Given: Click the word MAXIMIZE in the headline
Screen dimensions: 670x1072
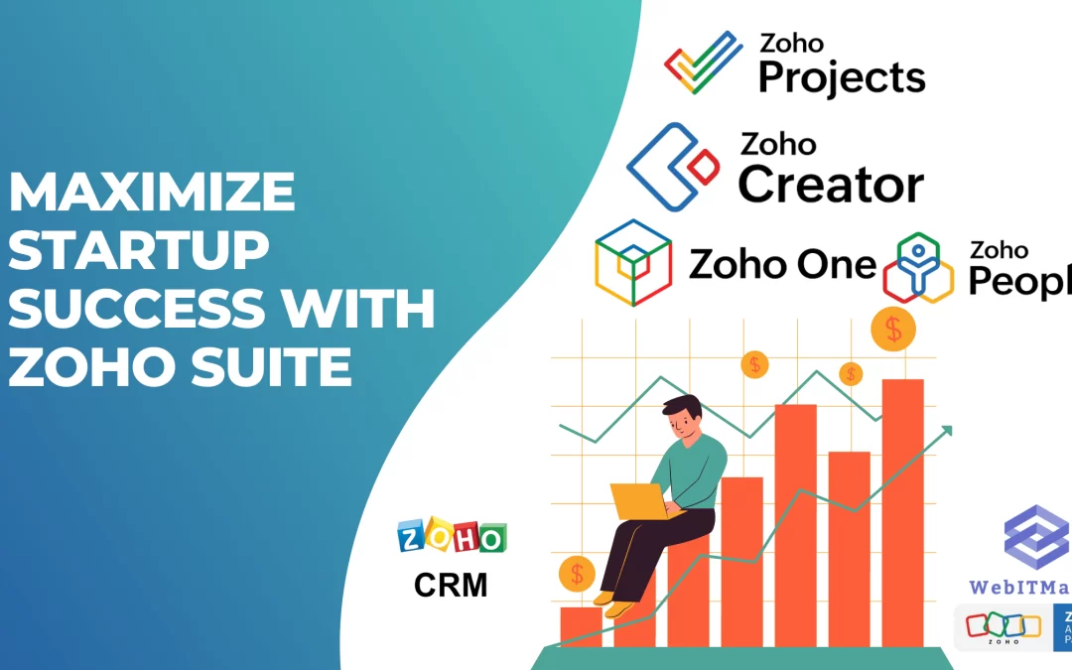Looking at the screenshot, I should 152,192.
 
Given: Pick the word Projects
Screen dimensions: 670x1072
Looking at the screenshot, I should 842,76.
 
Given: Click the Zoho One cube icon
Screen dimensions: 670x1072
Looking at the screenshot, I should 633,263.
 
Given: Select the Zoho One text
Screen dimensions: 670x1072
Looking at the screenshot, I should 782,265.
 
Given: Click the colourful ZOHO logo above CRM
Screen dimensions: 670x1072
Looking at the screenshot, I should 452,537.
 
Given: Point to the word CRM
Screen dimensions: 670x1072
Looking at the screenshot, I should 451,585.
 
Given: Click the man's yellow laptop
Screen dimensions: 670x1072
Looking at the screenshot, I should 639,500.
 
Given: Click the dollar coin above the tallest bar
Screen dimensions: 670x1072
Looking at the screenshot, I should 893,330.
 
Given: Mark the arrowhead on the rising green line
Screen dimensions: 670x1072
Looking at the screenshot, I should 948,430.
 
